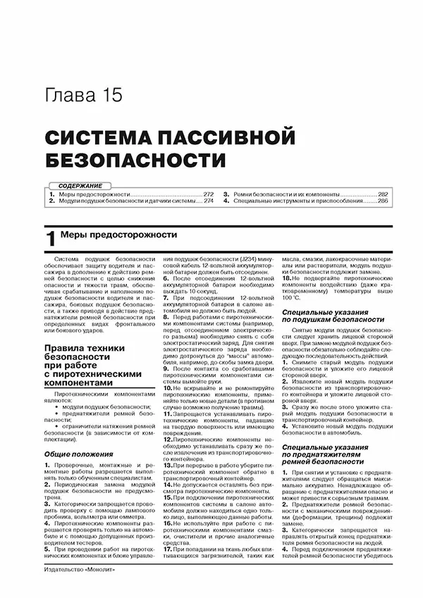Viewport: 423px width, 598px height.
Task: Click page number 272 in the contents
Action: (x=208, y=193)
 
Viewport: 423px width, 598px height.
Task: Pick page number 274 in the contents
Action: (x=208, y=201)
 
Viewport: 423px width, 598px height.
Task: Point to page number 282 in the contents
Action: (x=382, y=193)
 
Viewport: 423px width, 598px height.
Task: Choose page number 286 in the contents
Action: (x=382, y=201)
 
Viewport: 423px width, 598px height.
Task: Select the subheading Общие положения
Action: (x=71, y=456)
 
